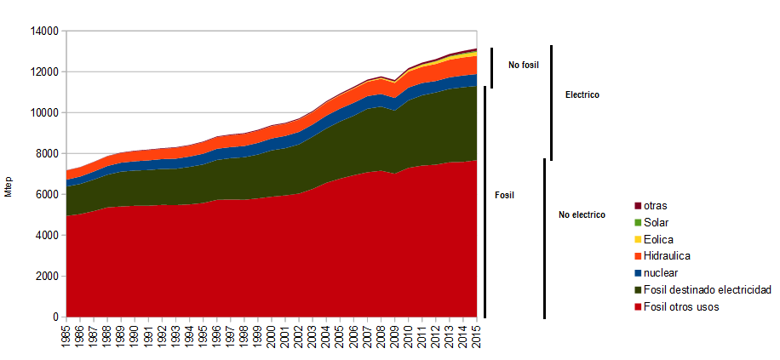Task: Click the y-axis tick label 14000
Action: (43, 31)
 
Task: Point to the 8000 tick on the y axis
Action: (46, 154)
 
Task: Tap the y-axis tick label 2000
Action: (46, 277)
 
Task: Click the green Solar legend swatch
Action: (637, 223)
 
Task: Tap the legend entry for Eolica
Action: (660, 239)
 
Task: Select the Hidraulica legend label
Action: (667, 256)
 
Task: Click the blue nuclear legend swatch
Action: (637, 273)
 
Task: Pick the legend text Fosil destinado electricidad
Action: (707, 290)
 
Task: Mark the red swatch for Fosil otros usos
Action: (637, 307)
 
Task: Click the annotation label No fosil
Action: (524, 65)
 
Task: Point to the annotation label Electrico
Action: (582, 95)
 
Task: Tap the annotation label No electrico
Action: (582, 215)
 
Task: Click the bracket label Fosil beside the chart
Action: (505, 195)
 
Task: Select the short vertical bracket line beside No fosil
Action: (491, 68)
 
